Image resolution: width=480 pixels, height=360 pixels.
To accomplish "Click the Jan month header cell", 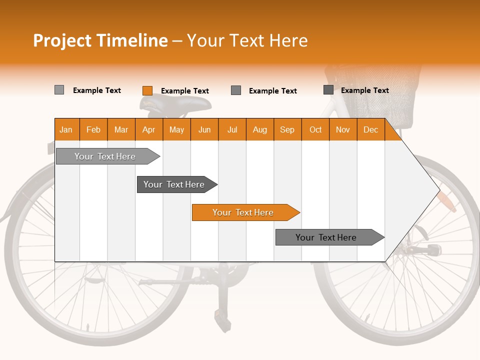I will click(x=66, y=129).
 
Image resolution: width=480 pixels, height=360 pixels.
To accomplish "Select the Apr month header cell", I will click(x=149, y=129).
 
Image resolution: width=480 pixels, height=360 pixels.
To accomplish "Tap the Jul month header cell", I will click(x=232, y=129).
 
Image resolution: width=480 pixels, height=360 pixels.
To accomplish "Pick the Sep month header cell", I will click(x=287, y=129).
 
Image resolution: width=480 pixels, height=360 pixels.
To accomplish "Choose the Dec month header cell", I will click(x=370, y=129).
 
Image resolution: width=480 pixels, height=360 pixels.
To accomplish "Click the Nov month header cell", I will click(x=343, y=129).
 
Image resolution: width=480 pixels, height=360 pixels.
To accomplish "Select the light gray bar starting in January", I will click(x=105, y=156).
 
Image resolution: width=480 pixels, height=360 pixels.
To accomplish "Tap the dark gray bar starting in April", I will click(x=174, y=184).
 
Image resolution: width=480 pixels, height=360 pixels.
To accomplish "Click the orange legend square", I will click(x=147, y=90).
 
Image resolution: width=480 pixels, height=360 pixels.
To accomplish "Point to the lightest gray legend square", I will click(x=59, y=90).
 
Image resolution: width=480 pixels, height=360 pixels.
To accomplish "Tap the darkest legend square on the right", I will click(x=328, y=90).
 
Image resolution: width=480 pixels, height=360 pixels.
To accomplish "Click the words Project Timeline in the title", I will click(x=100, y=40).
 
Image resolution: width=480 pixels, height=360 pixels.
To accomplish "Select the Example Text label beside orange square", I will click(x=185, y=91).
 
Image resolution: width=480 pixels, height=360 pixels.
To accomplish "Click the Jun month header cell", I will click(x=204, y=129).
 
